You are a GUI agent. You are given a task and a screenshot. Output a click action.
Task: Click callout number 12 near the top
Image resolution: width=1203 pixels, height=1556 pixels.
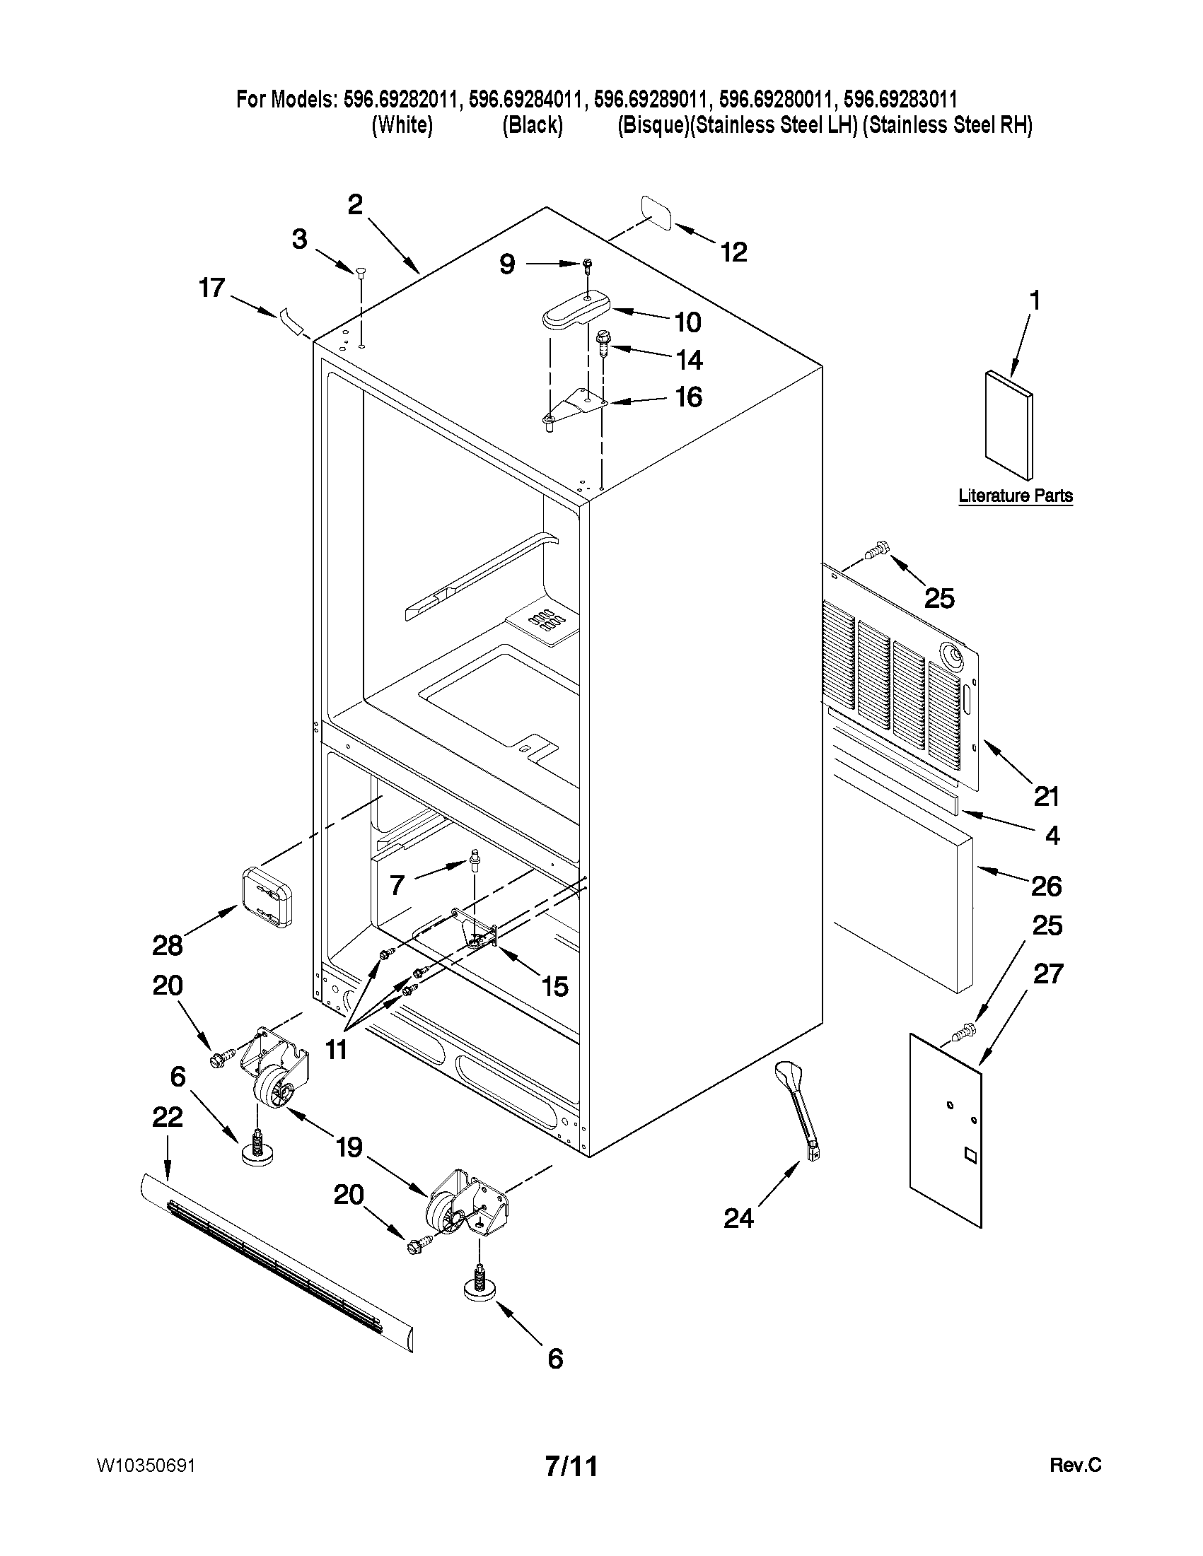point(733,252)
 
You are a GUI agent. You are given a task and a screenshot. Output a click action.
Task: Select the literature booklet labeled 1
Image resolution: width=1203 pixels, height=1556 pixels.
point(1007,425)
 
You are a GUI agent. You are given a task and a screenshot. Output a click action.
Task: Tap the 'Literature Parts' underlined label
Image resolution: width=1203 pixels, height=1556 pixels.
point(1015,496)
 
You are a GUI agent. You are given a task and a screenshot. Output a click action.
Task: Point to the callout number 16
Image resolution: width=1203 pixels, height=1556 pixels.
point(688,397)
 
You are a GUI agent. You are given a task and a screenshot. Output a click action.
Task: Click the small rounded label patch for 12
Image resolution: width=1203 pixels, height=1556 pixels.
point(657,213)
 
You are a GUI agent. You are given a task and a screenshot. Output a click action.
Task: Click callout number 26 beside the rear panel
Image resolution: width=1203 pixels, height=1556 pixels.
point(1046,886)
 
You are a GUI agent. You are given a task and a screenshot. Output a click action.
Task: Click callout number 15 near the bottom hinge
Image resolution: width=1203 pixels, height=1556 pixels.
point(554,986)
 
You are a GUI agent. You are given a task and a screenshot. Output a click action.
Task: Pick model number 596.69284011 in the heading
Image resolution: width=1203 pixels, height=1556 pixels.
point(528,100)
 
